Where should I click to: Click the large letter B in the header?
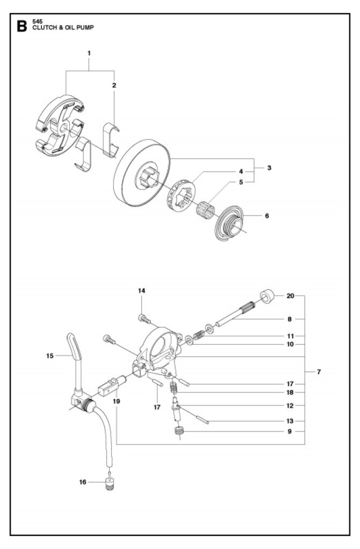tap(22, 27)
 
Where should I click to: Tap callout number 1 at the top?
tap(89, 53)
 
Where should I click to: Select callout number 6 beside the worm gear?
tap(267, 216)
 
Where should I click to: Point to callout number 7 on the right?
tap(319, 372)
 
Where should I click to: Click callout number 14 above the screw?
tap(142, 291)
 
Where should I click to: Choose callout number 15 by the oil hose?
tap(50, 355)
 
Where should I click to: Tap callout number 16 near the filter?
tap(83, 482)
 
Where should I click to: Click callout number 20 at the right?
tap(290, 295)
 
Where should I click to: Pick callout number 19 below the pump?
tap(115, 400)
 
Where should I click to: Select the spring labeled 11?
tap(199, 335)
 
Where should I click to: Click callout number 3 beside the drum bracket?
tap(269, 168)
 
